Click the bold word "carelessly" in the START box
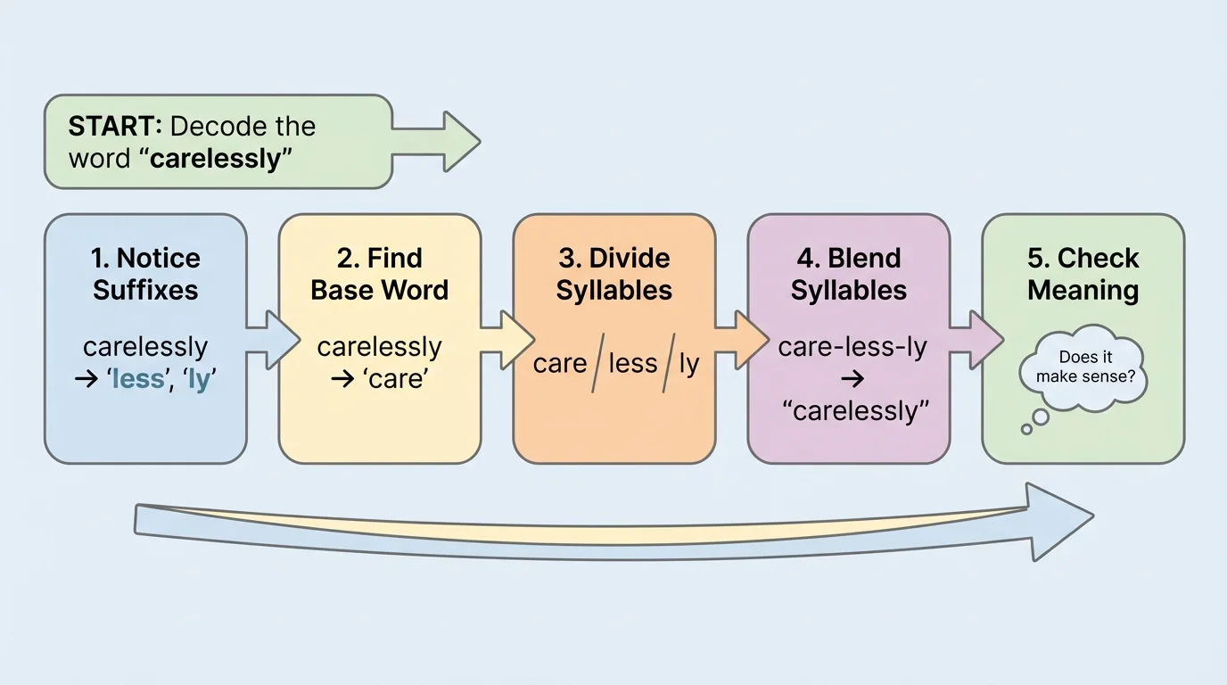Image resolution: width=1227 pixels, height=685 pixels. pos(214,159)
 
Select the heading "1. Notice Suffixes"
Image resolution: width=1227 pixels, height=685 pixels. pos(145,274)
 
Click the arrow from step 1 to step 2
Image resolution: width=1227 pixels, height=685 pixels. pos(271,339)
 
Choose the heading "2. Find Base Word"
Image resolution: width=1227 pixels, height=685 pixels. pos(379,274)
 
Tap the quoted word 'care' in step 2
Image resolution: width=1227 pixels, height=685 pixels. pos(392,379)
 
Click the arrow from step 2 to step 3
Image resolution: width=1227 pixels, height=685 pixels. pos(506,339)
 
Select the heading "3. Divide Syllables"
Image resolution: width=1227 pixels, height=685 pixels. pos(613,274)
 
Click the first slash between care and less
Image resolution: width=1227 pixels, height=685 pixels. pos(597,364)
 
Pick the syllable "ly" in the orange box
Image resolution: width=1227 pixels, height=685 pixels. pos(688,364)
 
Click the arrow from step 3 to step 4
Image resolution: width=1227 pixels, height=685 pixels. pos(740,339)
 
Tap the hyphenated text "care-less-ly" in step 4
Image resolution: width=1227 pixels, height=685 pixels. pos(852,347)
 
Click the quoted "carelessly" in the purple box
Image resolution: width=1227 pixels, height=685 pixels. pos(854,411)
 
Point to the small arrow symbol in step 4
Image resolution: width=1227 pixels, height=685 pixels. pos(852,379)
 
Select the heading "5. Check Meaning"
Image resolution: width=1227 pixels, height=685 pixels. pos(1083,274)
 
